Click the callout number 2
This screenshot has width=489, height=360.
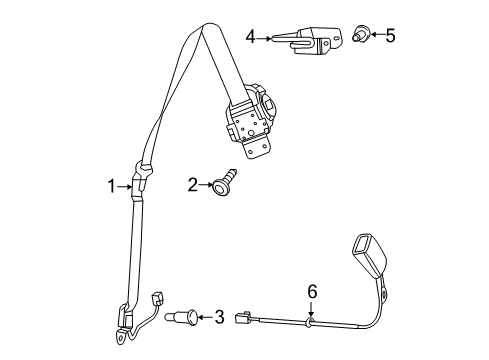coord(192,184)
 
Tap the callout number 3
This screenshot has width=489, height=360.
coord(219,318)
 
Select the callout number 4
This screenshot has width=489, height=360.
coord(251,38)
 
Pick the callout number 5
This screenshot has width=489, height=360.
coord(390,37)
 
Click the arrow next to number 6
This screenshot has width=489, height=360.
coord(310,306)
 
